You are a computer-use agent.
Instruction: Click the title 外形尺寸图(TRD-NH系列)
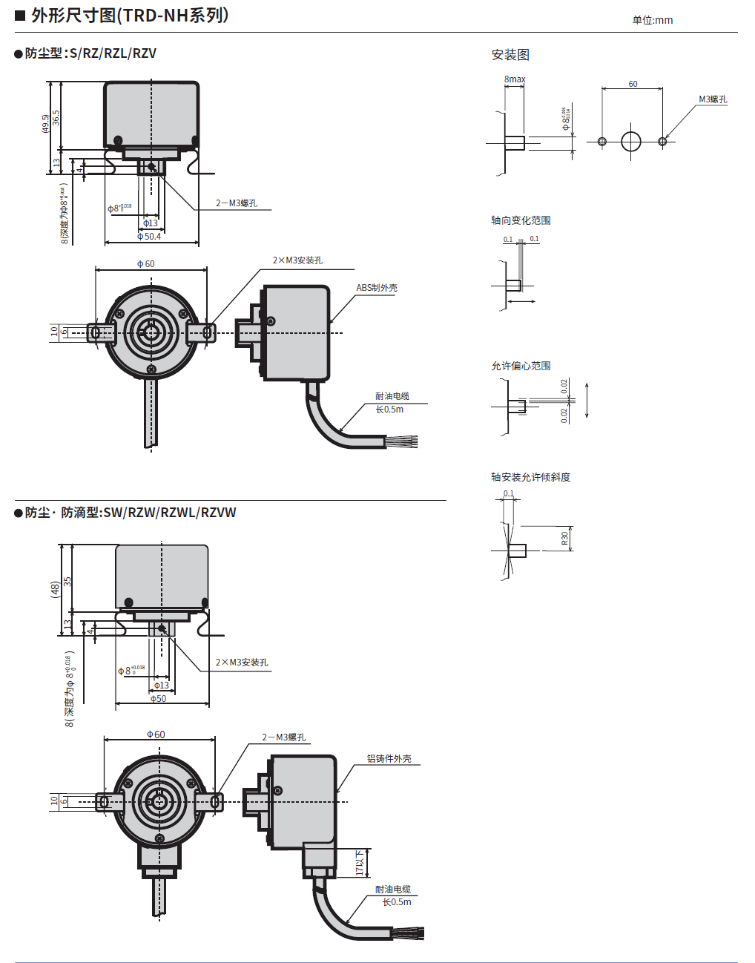coord(130,16)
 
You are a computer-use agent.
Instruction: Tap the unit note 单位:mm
coord(652,20)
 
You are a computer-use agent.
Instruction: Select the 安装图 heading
coord(510,55)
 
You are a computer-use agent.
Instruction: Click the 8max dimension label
coord(515,79)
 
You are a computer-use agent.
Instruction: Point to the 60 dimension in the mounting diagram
coord(633,84)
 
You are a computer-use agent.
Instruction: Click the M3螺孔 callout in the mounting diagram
coord(713,99)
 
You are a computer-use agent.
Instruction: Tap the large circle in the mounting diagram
coord(630,141)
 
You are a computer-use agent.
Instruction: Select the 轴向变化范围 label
coord(521,220)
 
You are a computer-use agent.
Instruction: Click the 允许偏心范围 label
coord(521,366)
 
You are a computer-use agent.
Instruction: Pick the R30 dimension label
coord(564,538)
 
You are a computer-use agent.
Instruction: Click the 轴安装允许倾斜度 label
coord(530,477)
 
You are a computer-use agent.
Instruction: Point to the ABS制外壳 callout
coord(376,288)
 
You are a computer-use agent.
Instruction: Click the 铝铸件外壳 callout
coord(389,759)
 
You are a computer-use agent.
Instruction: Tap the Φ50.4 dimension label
coord(149,237)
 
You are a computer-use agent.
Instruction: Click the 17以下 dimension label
coord(360,863)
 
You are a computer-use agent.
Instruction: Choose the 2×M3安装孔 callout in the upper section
coord(297,260)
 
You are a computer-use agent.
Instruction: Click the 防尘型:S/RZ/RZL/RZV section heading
coord(90,53)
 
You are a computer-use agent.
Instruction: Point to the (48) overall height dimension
coord(54,589)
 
